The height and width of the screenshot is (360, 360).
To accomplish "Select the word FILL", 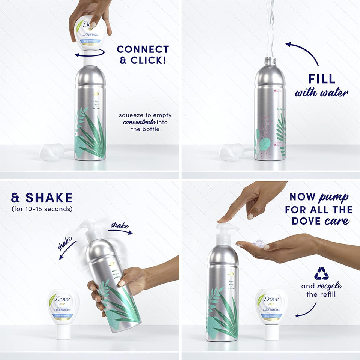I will coord(322,79).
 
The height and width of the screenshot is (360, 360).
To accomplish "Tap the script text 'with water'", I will coord(321,92).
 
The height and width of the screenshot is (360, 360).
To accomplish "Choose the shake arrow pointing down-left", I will coord(67,249).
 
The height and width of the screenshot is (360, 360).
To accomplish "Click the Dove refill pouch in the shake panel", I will coord(63,307).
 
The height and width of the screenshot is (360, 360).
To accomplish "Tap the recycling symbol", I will coord(321,273).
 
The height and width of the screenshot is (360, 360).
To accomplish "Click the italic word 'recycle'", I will coord(329,286).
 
